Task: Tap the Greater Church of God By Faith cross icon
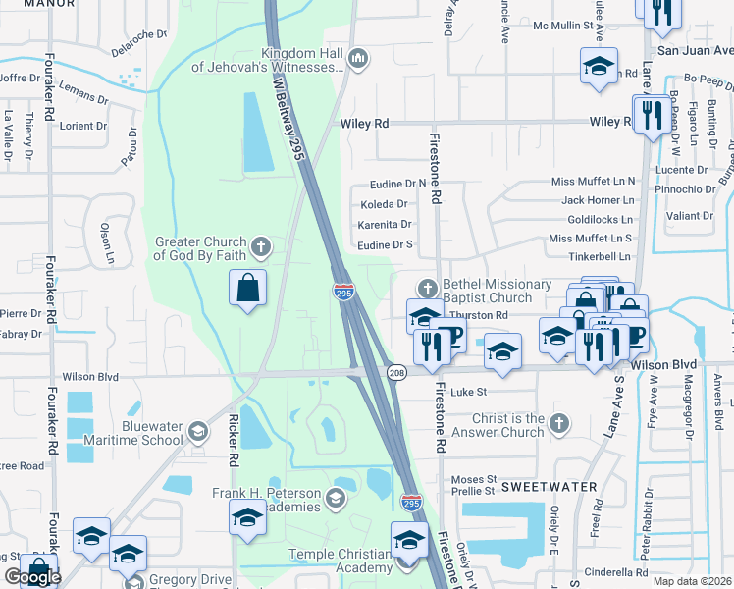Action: (260, 244)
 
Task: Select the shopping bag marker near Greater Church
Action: (248, 289)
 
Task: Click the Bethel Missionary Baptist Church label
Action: (497, 291)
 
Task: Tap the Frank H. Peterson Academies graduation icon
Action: (336, 500)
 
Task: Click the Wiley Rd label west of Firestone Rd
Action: (365, 124)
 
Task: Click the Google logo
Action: (32, 577)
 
